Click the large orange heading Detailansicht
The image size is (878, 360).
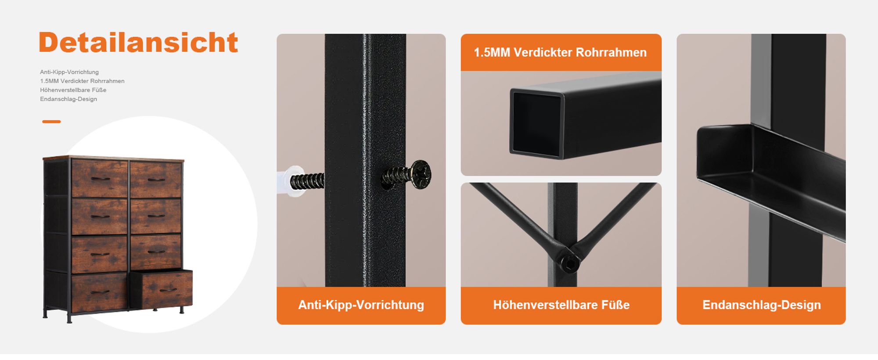[138, 43]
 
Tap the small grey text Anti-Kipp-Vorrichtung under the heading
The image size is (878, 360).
[69, 72]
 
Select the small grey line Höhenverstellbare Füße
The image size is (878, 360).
[73, 90]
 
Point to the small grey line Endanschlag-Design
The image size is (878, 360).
[68, 99]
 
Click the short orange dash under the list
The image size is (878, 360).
[51, 122]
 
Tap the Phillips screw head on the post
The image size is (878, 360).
[421, 174]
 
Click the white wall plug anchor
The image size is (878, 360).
[291, 181]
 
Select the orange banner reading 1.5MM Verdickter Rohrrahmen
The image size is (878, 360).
[561, 52]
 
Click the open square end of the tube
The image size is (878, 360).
[536, 123]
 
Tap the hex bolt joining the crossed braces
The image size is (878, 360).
[570, 263]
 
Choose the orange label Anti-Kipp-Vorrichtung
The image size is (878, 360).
[361, 305]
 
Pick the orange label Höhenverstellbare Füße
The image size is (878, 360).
[561, 305]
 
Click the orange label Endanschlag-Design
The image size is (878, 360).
[761, 305]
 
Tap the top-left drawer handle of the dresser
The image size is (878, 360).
[101, 179]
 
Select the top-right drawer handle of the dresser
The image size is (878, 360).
[156, 180]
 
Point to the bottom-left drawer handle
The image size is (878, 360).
[100, 292]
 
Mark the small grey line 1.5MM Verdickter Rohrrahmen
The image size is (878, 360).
[82, 81]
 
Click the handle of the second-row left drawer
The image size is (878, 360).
[101, 216]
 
